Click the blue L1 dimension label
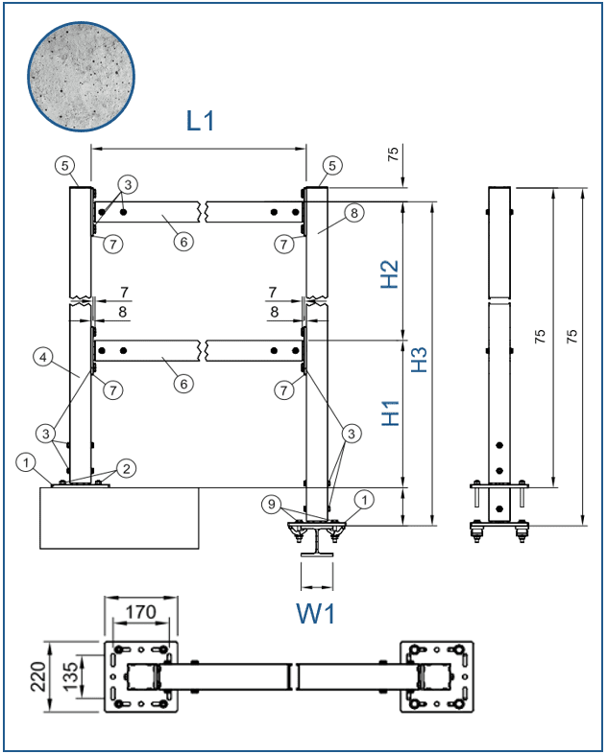200,120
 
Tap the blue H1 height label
391,412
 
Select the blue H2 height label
390,274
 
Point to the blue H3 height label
419,359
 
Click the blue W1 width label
315,614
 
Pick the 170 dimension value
141,612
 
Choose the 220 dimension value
38,676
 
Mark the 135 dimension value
70,676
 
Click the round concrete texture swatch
81,76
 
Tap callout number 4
43,357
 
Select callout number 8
354,213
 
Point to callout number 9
272,504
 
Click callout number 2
126,468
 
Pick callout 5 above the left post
64,166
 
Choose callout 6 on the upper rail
183,242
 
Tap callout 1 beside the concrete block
26,463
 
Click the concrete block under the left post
119,518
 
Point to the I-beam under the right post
317,542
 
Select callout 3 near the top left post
128,184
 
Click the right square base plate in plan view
437,676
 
